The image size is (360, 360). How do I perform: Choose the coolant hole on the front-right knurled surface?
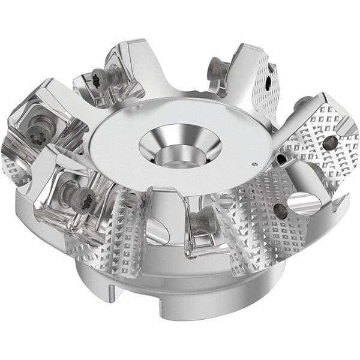pyautogui.click(x=280, y=209)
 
